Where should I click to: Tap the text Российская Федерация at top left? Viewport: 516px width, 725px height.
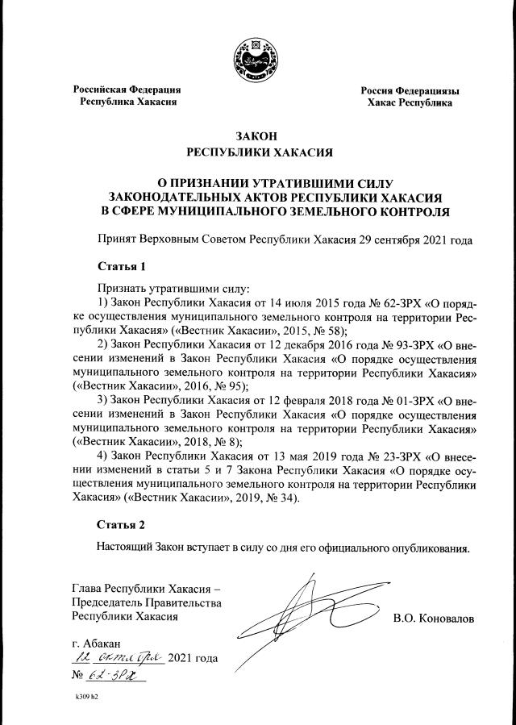tap(127, 90)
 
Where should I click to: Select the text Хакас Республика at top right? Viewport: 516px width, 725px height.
tap(410, 103)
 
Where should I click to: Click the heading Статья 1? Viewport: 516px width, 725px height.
tap(121, 265)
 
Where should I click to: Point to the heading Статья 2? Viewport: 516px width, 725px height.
tap(121, 524)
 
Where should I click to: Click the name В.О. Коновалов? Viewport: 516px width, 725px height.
tap(434, 619)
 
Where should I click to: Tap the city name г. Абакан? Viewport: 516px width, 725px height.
tap(96, 642)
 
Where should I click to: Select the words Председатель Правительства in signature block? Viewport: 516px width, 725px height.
tap(146, 602)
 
